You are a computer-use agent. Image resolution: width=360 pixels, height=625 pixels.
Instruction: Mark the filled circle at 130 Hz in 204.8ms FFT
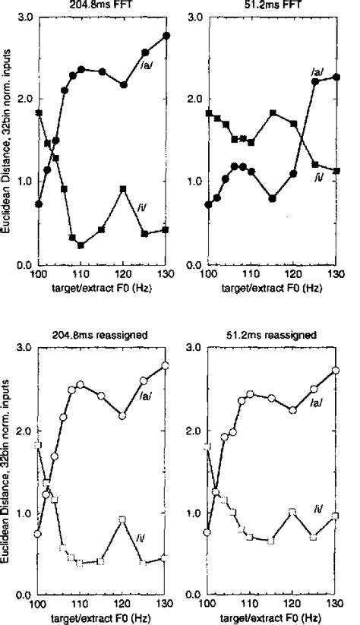click(x=166, y=36)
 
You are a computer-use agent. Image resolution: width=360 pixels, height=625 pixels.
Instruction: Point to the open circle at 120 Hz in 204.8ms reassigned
click(x=123, y=415)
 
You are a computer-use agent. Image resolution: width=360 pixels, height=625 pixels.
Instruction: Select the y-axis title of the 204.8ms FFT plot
click(x=7, y=140)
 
